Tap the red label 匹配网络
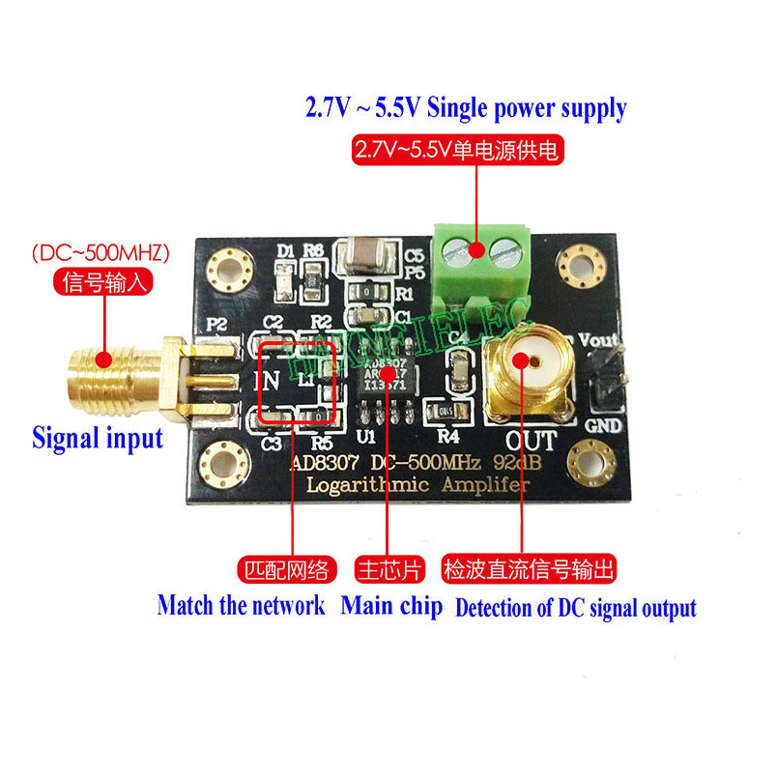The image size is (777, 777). tap(286, 570)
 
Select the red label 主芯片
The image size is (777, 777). tap(389, 570)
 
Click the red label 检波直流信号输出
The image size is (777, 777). tap(529, 570)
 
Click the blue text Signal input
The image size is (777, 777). tap(98, 438)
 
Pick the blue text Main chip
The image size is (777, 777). tap(391, 607)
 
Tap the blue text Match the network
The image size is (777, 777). tap(241, 607)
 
